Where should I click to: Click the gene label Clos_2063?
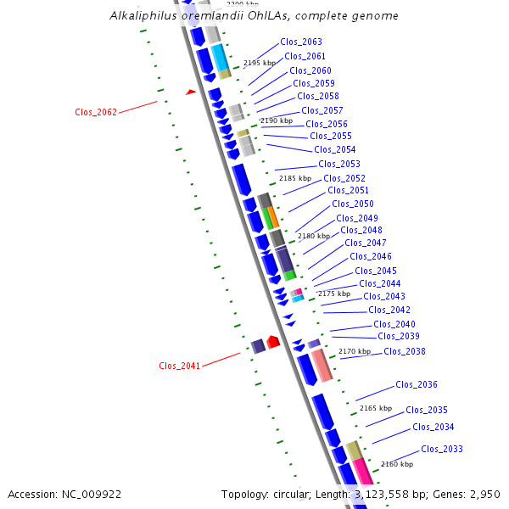(x=301, y=42)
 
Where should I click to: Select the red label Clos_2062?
(x=96, y=112)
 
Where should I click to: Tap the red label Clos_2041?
(x=180, y=366)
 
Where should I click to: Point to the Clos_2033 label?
(x=442, y=449)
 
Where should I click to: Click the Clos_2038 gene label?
(x=405, y=351)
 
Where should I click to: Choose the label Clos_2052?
(x=344, y=178)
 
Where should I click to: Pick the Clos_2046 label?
(x=371, y=256)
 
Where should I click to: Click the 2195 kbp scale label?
(x=260, y=63)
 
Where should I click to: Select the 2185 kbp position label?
(x=295, y=178)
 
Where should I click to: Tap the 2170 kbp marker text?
(x=355, y=351)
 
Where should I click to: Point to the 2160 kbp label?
(x=397, y=464)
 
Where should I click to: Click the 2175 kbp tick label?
(x=333, y=294)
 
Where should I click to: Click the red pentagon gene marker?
(x=273, y=341)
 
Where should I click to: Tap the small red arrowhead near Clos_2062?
(x=192, y=92)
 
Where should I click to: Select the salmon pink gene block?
(x=321, y=366)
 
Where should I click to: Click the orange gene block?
(x=273, y=216)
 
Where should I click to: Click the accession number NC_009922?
(x=94, y=494)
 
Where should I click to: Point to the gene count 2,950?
(x=484, y=494)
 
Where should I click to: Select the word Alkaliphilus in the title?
(x=141, y=16)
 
